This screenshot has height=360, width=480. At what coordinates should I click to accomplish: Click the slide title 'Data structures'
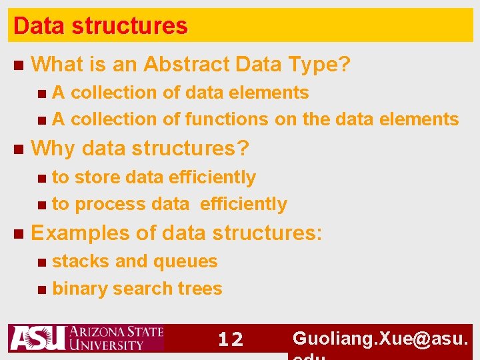101,26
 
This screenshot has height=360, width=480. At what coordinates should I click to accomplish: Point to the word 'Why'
53,148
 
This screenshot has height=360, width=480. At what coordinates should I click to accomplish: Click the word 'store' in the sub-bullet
97,177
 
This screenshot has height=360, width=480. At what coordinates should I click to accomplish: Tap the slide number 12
231,339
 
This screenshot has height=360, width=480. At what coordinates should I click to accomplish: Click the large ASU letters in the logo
37,338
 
